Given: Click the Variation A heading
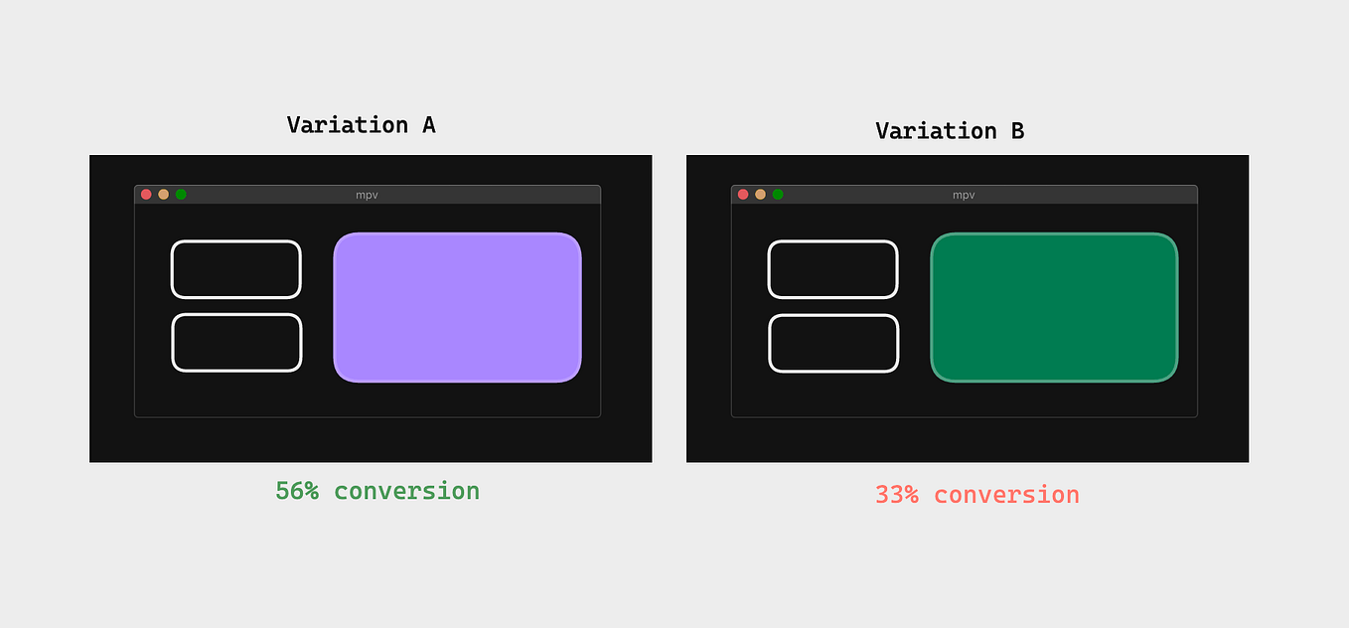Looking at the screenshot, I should point(361,125).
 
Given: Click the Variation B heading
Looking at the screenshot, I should point(949,131).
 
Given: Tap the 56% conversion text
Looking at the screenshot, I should point(377,491).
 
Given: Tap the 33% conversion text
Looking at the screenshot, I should point(976,495).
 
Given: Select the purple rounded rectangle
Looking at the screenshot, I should point(457,307).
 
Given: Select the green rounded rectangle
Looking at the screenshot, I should point(1054,307).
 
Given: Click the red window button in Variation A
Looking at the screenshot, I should point(146,195).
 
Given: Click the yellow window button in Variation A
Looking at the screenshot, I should point(163,195).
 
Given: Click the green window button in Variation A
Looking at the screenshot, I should point(181,195).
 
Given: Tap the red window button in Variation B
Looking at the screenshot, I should point(743,195).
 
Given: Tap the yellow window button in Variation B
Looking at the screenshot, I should point(760,195).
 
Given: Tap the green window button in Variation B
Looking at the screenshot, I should point(778,195).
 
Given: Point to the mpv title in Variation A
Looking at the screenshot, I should point(367,195).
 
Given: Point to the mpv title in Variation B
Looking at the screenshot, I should point(964,195).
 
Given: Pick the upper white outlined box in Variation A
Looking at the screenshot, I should point(235,269).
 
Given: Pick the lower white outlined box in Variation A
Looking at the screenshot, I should point(236,343).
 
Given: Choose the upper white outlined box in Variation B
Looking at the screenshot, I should point(832,269).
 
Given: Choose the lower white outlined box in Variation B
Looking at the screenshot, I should point(833,343).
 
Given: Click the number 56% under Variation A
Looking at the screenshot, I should point(297,491).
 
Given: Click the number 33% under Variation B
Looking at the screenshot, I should point(897,495).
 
